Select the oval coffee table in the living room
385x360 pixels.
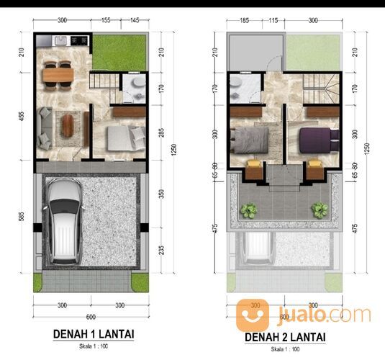(68, 125)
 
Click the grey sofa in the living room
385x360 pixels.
(45, 124)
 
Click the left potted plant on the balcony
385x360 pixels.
(249, 210)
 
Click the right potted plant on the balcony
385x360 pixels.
(319, 210)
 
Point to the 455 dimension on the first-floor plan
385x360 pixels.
(22, 116)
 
